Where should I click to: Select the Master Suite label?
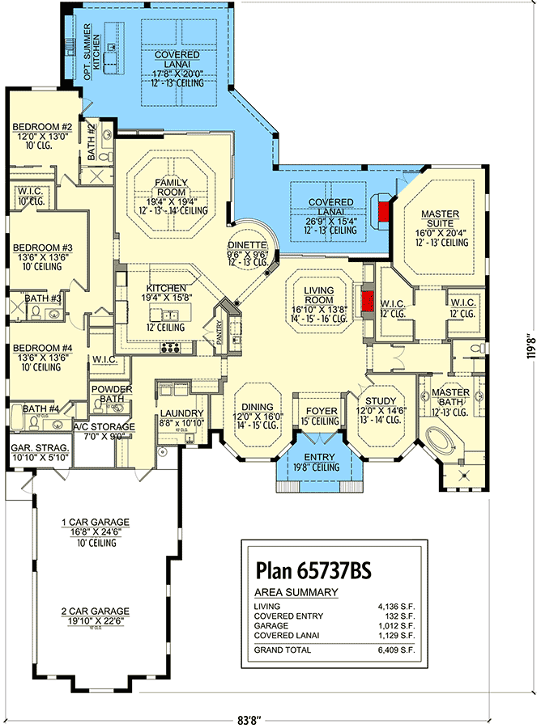(440, 214)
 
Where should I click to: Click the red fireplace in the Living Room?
(367, 302)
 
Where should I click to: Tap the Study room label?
(380, 401)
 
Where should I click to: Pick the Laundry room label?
(181, 413)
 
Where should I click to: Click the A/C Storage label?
(98, 426)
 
